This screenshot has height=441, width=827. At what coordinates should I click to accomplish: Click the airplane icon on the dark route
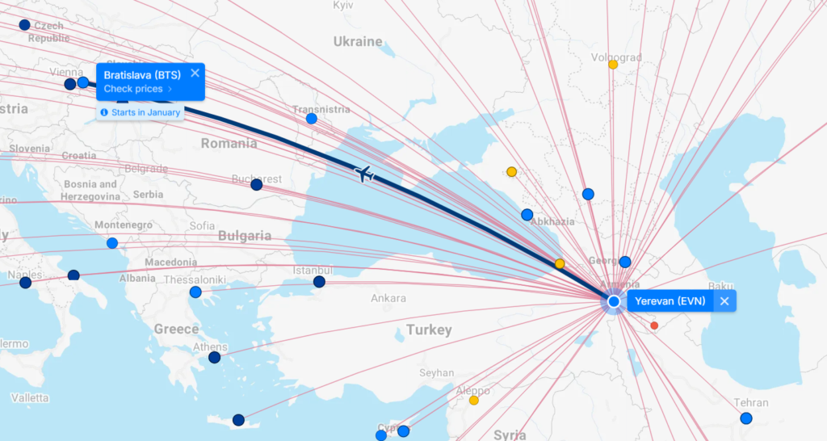(x=365, y=173)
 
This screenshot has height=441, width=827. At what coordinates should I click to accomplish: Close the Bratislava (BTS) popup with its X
(x=195, y=73)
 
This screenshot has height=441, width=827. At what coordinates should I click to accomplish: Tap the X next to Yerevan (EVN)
(x=724, y=301)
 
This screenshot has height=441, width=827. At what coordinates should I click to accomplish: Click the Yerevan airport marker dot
(x=614, y=301)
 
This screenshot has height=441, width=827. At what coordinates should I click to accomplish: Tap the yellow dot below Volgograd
(x=613, y=65)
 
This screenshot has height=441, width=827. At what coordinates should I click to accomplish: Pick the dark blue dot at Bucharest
(x=257, y=185)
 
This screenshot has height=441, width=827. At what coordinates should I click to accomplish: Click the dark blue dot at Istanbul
(x=320, y=282)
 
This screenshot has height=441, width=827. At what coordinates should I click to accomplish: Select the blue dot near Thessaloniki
(x=195, y=292)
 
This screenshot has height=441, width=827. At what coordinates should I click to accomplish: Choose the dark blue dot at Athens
(x=214, y=357)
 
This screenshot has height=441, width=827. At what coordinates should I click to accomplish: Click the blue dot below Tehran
(x=746, y=418)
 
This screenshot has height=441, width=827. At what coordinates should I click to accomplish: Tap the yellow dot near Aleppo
(x=474, y=400)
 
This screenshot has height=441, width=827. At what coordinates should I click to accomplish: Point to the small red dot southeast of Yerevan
(x=654, y=325)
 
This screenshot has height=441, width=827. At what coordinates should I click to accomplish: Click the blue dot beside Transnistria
(x=312, y=119)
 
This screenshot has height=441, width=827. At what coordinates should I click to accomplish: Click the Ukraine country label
(x=358, y=41)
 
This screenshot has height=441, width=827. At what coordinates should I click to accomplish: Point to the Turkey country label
(x=430, y=330)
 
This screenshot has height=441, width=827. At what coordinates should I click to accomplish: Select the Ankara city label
(x=388, y=298)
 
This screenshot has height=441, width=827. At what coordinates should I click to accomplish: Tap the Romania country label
(x=229, y=143)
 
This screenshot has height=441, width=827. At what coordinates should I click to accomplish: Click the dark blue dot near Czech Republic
(x=24, y=25)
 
